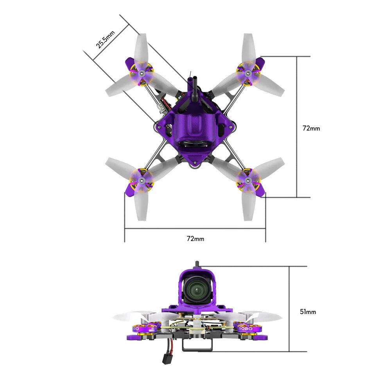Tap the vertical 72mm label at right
311,128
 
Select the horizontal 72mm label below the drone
195,238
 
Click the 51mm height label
308,312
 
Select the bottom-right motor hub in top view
248,180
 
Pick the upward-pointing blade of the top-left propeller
141,49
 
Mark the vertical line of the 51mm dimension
289,309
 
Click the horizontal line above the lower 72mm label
195,228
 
